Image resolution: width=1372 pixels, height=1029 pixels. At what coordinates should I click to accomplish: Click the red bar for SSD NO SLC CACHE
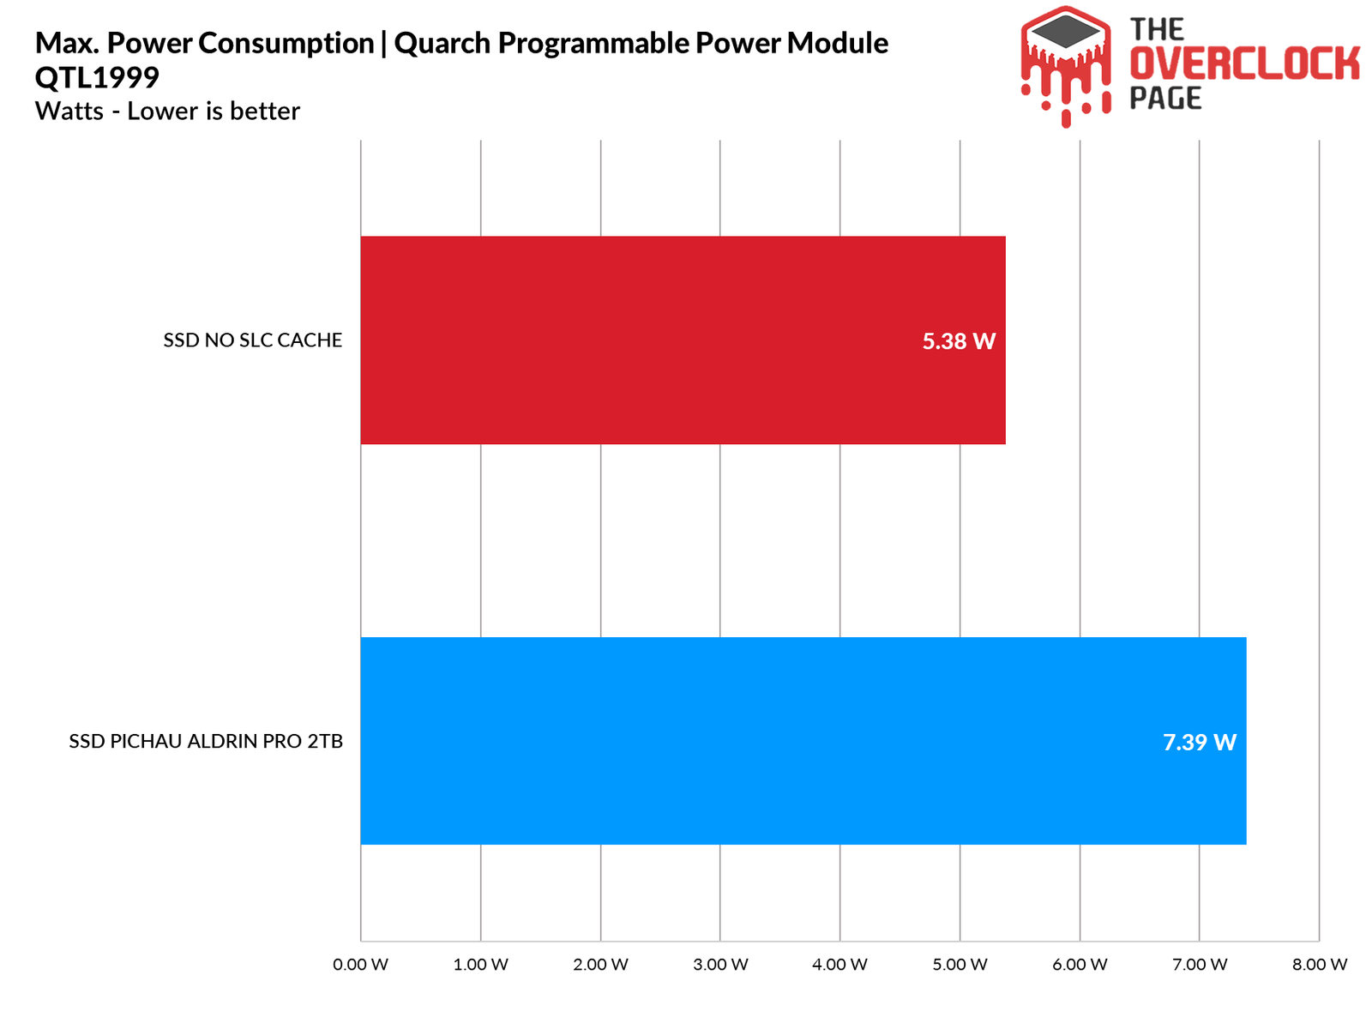tap(683, 340)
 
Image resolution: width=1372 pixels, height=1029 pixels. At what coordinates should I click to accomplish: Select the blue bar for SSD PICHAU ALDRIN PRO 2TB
tap(803, 741)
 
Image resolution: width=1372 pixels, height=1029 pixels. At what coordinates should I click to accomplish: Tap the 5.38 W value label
tap(959, 342)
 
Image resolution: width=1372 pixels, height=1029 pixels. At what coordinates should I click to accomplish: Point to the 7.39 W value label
tap(1200, 743)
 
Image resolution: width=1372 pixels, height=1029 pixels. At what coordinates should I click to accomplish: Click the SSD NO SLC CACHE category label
tap(253, 340)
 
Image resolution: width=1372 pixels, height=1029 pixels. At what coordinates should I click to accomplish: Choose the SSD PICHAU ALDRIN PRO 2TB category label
tap(206, 742)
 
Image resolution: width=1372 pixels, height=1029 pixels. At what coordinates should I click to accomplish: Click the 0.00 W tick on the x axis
tap(361, 965)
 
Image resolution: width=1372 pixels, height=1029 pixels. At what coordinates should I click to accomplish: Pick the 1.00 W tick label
tap(481, 965)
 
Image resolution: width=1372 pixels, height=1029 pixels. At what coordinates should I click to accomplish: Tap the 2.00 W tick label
tap(601, 965)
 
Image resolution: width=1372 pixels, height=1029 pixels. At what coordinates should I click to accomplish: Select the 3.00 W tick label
tap(720, 965)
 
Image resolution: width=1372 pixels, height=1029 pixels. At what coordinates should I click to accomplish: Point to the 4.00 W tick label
tap(840, 965)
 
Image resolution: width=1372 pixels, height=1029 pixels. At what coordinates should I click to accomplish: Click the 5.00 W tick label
tap(960, 965)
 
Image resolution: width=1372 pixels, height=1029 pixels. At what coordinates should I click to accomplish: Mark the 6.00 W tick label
tap(1080, 965)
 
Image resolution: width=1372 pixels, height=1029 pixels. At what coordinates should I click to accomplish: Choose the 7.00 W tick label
tap(1200, 965)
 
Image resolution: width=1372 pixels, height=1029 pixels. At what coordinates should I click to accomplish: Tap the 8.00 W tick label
tap(1320, 965)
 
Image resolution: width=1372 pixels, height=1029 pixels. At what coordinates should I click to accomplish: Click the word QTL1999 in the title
tap(97, 78)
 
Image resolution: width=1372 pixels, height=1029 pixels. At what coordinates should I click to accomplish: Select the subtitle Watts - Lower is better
tap(167, 111)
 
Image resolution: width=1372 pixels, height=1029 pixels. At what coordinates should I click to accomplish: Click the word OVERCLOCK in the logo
tap(1244, 64)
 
